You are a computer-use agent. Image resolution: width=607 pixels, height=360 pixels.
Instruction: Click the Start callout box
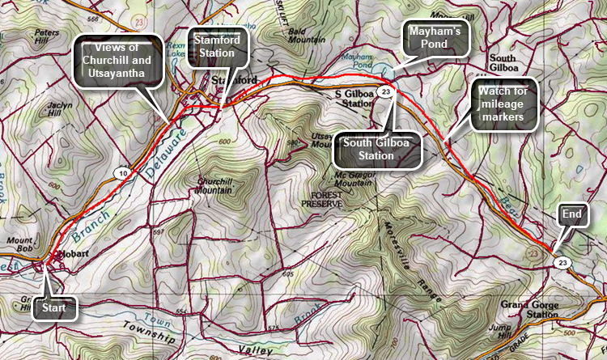tap(57, 308)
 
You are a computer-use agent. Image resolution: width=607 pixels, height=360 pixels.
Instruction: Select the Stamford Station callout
tap(218, 46)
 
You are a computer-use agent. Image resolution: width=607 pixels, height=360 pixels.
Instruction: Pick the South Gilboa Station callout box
tap(377, 150)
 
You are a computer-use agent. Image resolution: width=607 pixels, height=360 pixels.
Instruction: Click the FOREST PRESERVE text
tap(322, 200)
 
